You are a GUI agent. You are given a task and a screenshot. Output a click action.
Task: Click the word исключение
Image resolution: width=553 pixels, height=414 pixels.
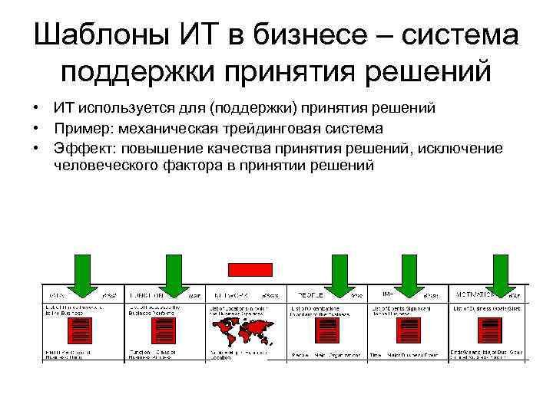(462, 148)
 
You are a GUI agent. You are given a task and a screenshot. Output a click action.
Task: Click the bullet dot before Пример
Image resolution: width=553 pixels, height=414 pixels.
(36, 128)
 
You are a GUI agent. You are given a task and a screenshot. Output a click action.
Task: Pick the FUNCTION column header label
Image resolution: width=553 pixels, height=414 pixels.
(148, 294)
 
